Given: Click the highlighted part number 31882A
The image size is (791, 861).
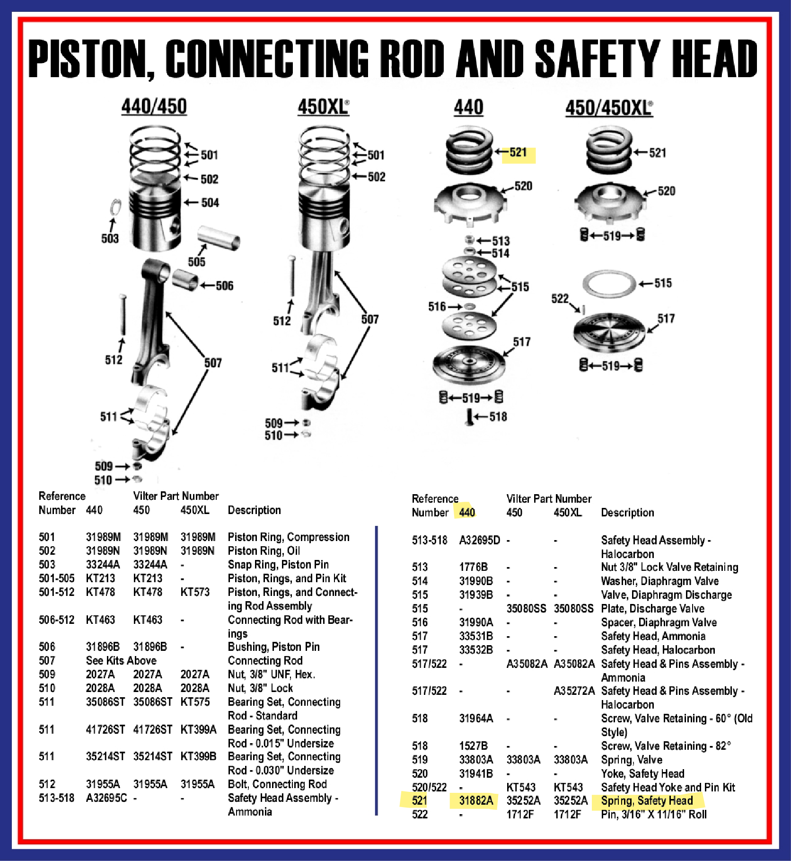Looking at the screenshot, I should pyautogui.click(x=476, y=800).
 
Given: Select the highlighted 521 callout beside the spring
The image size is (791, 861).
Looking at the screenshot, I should pyautogui.click(x=518, y=152).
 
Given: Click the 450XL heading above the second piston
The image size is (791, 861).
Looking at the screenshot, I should pyautogui.click(x=324, y=107).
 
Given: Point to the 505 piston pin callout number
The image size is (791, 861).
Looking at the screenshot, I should pyautogui.click(x=197, y=262).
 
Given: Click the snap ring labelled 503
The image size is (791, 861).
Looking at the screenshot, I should pyautogui.click(x=115, y=207).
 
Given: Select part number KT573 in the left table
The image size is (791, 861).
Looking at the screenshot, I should pyautogui.click(x=195, y=592).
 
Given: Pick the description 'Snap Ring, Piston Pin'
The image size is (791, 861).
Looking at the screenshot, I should pyautogui.click(x=278, y=564).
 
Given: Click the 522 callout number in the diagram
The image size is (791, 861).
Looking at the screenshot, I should pyautogui.click(x=560, y=298).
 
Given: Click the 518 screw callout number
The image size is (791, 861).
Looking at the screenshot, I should pyautogui.click(x=498, y=417).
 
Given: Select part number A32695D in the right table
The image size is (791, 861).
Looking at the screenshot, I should pyautogui.click(x=479, y=540).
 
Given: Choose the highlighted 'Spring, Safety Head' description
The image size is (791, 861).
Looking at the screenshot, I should pyautogui.click(x=647, y=800).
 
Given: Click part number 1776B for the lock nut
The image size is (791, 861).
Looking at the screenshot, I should pyautogui.click(x=473, y=567).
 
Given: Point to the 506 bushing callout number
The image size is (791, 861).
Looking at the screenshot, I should pyautogui.click(x=225, y=285).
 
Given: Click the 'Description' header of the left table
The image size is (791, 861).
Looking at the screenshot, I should pyautogui.click(x=255, y=510).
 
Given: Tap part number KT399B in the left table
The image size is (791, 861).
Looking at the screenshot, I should pyautogui.click(x=198, y=756).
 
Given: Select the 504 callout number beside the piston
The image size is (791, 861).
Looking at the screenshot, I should pyautogui.click(x=210, y=203).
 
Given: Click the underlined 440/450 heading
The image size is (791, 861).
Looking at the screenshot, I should pyautogui.click(x=154, y=107).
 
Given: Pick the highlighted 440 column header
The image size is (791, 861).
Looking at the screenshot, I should pyautogui.click(x=467, y=512).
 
